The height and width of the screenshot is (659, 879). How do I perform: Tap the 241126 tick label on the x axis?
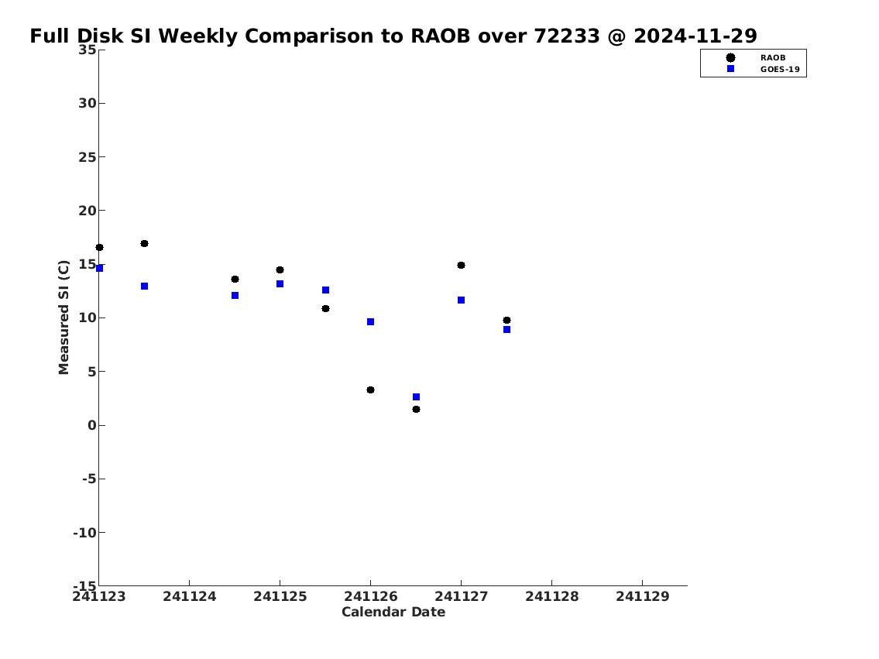click(370, 596)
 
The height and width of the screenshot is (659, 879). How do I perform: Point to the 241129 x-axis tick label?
click(643, 596)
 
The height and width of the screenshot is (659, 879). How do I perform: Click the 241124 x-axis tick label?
click(190, 596)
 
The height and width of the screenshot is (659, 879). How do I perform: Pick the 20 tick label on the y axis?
click(87, 211)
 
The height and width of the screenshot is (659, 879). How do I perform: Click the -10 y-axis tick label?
click(84, 532)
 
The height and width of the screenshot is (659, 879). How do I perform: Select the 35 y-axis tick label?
click(87, 50)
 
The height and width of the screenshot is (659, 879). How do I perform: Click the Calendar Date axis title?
click(393, 612)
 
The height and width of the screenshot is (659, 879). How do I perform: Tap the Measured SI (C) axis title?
click(64, 317)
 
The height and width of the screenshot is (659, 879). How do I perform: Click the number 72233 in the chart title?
click(566, 36)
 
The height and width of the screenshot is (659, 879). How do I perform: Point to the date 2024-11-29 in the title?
click(695, 36)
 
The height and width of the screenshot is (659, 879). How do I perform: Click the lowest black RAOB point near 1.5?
click(416, 409)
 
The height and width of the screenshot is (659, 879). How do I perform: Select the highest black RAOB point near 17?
click(144, 243)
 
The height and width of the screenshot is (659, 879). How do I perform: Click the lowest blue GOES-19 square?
click(416, 396)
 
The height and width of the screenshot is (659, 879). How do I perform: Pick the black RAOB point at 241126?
click(370, 390)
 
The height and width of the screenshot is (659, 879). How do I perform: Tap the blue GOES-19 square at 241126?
click(370, 321)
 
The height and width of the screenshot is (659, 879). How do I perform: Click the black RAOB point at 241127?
click(461, 265)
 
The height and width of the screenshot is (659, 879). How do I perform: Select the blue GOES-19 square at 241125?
click(280, 283)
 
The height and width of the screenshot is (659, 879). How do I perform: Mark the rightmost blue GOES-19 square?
click(506, 330)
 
